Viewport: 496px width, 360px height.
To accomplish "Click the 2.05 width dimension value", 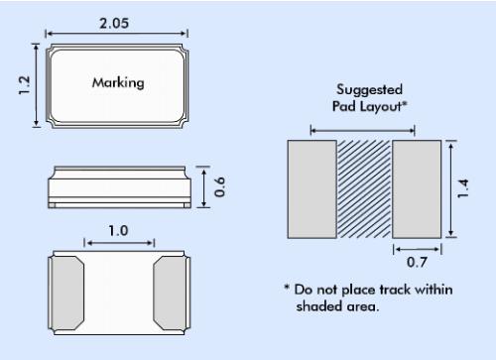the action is coord(114,23).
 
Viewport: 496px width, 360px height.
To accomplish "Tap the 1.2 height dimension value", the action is coord(24,85).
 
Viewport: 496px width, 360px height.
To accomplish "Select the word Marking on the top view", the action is coord(118,82).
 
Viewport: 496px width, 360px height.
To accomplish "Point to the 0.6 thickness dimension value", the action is coord(220,187).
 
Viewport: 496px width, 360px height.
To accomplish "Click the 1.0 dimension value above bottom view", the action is coord(118,230).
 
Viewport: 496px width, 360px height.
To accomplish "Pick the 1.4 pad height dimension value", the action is coord(462,188).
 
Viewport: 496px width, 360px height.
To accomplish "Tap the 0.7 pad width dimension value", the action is coord(417,262).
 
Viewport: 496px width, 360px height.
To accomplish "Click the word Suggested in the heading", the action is coord(369,89).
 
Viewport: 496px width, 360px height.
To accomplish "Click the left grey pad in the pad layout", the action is coord(312,189).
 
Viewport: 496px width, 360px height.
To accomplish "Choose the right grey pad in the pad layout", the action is coord(417,189).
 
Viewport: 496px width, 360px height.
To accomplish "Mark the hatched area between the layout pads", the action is coord(364,189).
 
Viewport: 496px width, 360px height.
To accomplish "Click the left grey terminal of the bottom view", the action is coord(67,293).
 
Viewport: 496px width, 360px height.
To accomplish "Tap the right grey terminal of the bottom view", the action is coord(170,293).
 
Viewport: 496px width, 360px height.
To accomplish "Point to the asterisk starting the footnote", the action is coord(287,287).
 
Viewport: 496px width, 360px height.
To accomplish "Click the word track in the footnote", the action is coord(395,290).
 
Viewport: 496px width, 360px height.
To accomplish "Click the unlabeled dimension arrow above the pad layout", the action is coord(363,131).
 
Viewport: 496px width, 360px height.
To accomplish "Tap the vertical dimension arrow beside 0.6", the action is coord(204,187).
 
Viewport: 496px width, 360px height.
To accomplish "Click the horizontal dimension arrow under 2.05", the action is coord(117,34).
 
